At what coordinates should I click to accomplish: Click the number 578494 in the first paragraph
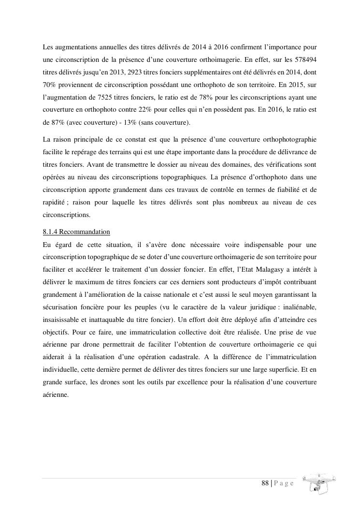coord(305,60)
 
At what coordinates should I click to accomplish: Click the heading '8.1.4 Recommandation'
coord(76,232)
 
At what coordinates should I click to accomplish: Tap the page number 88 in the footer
coord(265,483)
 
